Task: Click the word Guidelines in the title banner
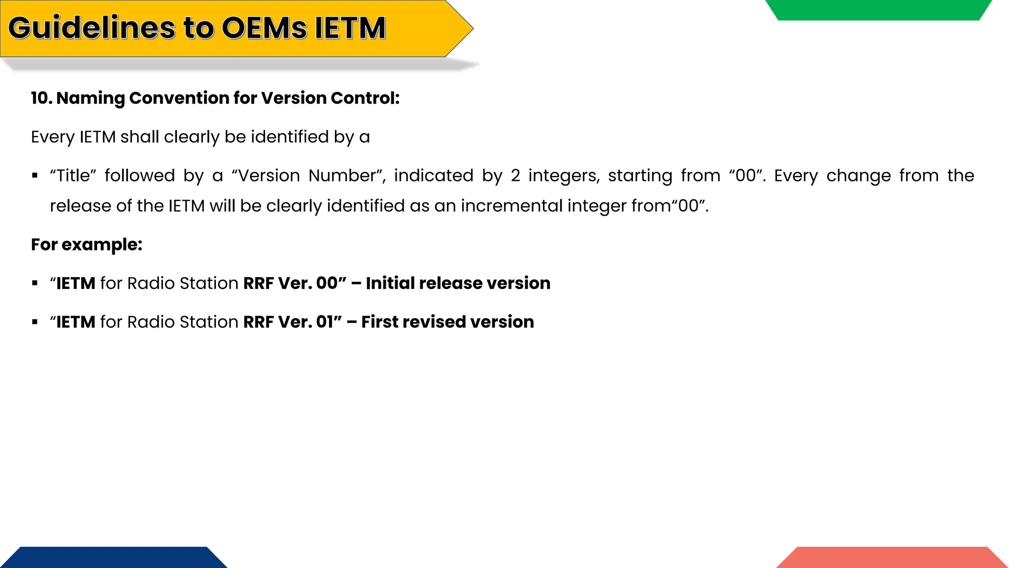(x=92, y=28)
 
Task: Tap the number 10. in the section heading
(x=41, y=98)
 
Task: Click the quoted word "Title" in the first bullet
(x=73, y=176)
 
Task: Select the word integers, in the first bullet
(x=564, y=176)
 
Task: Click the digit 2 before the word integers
(x=515, y=176)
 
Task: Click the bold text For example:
(x=87, y=245)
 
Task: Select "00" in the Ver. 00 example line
(x=327, y=283)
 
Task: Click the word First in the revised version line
(x=379, y=322)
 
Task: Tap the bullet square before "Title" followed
(x=34, y=176)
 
